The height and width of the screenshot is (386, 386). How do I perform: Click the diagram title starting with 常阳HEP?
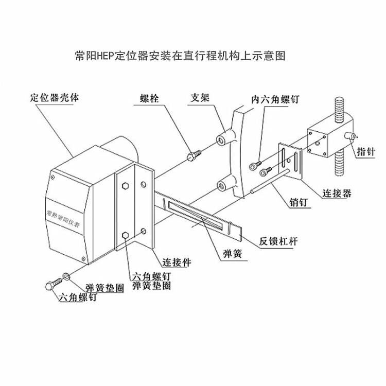(180, 55)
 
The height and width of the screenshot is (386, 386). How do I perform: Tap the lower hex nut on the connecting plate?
(125, 236)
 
